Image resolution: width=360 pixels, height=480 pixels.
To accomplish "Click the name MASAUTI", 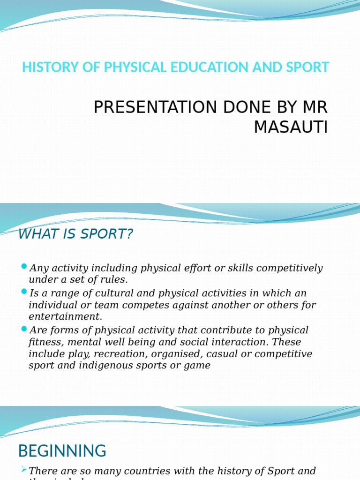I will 291,127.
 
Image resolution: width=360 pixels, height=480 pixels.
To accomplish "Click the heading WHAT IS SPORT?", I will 75,234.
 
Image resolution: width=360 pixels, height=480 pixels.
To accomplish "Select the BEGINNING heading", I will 62,451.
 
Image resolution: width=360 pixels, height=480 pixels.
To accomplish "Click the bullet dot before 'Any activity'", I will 24,267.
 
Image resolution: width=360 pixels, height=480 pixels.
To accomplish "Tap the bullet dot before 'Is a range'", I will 24,292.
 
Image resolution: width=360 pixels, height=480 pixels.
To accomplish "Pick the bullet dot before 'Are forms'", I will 24,329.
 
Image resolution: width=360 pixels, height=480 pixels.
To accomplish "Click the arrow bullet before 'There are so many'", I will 24,469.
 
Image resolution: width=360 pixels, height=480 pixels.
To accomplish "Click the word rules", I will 114,280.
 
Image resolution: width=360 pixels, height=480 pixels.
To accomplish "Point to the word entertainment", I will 65,316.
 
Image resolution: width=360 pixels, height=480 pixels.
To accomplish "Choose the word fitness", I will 44,342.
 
